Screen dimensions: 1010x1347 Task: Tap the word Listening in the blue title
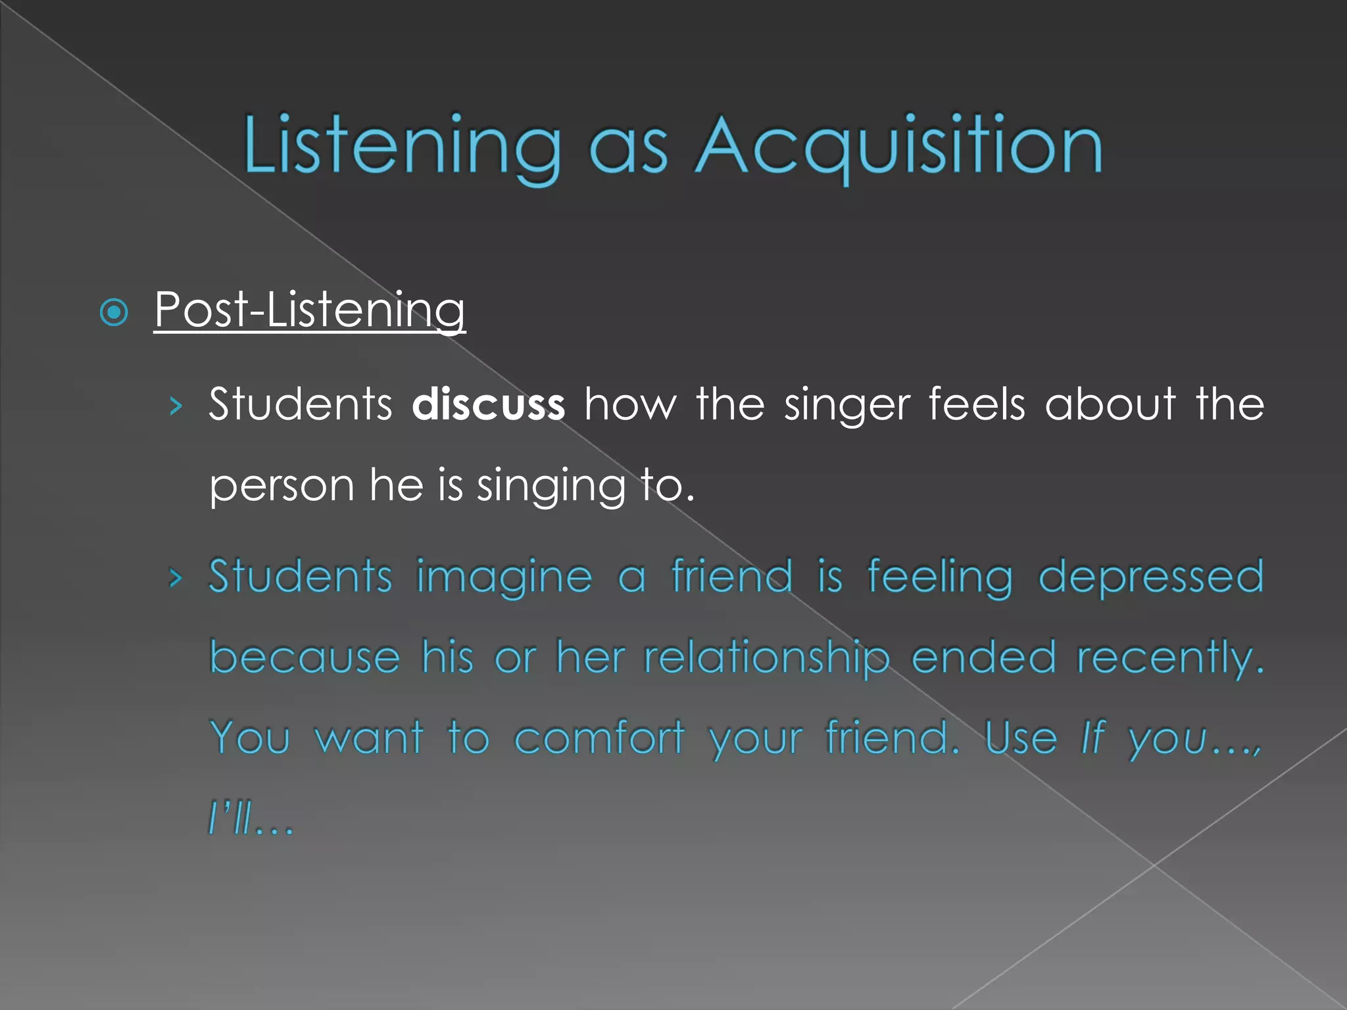[402, 146]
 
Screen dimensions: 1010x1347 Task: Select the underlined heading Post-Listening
[310, 309]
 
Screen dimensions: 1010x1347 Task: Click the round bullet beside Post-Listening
[114, 312]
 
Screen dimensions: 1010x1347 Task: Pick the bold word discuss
[488, 404]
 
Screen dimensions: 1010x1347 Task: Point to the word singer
[846, 404]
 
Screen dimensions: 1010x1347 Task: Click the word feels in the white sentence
[977, 404]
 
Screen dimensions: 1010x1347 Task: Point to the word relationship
[766, 658]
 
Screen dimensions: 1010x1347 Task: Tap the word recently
[1170, 658]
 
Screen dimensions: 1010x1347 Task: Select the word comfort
[599, 738]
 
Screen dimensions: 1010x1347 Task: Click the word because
[305, 658]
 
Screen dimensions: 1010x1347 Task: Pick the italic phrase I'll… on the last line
[251, 820]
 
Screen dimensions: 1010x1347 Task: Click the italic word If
[1092, 738]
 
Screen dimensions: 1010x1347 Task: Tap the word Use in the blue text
[1021, 738]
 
